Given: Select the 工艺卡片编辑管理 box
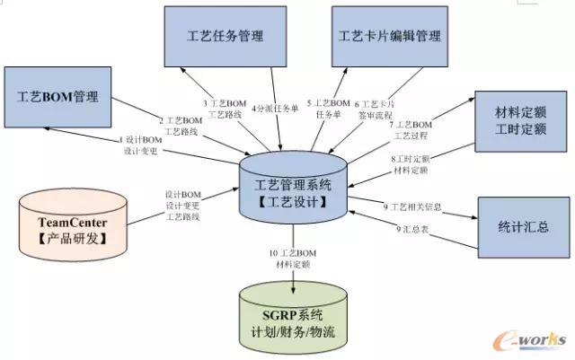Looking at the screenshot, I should pyautogui.click(x=390, y=37).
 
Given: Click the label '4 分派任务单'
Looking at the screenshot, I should pyautogui.click(x=274, y=109).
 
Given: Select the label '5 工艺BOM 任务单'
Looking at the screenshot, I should pyautogui.click(x=329, y=109).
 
